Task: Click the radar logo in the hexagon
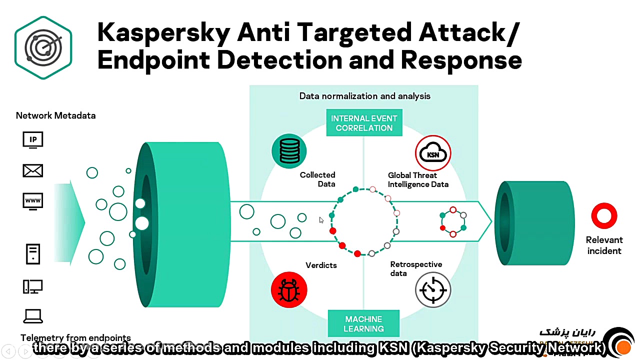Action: click(x=43, y=47)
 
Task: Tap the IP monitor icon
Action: click(x=33, y=140)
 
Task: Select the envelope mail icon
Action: click(x=33, y=171)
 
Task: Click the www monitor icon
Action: click(x=33, y=201)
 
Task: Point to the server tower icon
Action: click(x=33, y=253)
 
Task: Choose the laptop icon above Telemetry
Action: click(x=33, y=316)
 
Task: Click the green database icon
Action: click(x=289, y=151)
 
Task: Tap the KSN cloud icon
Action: click(x=433, y=153)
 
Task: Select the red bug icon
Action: click(x=289, y=289)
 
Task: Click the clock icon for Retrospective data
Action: click(x=433, y=289)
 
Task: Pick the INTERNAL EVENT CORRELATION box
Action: click(x=364, y=123)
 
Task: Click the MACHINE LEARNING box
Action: click(x=363, y=323)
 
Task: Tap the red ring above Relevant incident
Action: click(x=604, y=215)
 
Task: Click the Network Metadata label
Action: click(x=55, y=115)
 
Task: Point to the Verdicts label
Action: click(x=321, y=265)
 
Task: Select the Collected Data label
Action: click(x=318, y=179)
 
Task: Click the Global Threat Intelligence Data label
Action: click(x=418, y=179)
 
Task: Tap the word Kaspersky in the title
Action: click(x=163, y=32)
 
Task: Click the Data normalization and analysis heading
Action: click(x=364, y=96)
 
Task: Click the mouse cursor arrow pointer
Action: click(x=321, y=220)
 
